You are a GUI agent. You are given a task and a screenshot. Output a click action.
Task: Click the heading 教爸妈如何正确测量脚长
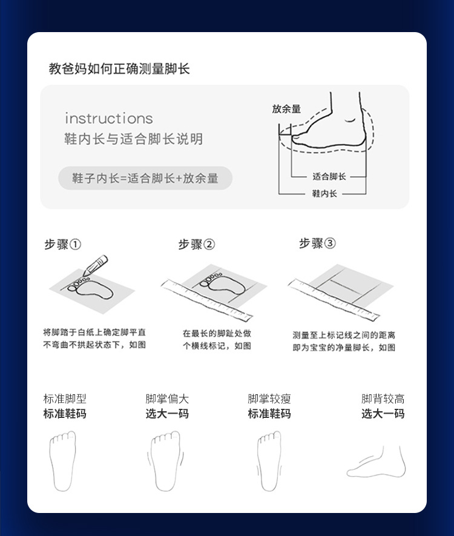(119, 68)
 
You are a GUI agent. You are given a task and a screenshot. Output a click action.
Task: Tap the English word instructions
(109, 118)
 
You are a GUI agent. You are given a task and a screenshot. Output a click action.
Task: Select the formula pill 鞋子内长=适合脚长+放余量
(145, 178)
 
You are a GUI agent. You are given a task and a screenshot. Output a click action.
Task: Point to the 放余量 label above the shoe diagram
(286, 108)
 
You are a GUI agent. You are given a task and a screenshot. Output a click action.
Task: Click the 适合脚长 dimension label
(329, 176)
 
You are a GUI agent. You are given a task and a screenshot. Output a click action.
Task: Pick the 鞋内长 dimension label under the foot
(324, 193)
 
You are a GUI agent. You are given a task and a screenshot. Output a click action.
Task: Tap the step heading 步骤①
(63, 244)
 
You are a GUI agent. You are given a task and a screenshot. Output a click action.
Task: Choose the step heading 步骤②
(196, 244)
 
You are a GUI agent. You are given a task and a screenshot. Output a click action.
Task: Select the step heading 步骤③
(317, 243)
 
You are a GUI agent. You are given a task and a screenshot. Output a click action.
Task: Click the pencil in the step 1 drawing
(95, 265)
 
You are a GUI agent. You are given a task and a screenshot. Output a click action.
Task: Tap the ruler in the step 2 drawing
(206, 300)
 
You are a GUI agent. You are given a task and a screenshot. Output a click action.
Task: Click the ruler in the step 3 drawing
(334, 299)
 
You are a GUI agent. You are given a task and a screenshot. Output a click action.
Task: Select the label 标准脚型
(65, 399)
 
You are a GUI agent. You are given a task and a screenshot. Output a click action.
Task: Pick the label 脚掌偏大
(167, 399)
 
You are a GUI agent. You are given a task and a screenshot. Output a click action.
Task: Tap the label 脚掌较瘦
(269, 399)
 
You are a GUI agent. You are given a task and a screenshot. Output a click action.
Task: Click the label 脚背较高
(383, 399)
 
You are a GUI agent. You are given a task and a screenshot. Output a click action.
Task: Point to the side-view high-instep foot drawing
(377, 462)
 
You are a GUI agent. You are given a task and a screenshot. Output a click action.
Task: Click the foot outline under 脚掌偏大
(166, 461)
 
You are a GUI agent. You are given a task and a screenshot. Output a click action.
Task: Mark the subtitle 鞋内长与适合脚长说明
(134, 139)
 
